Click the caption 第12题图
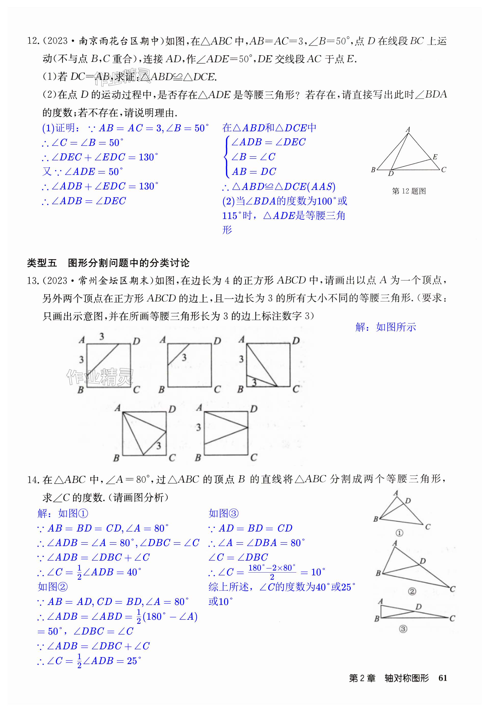409,191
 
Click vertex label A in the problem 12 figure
408,130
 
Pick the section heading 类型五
42,263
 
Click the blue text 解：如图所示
385,327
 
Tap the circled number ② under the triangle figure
412,591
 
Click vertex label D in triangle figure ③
419,607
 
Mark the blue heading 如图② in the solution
53,587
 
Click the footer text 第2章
362,678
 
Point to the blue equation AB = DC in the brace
254,172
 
